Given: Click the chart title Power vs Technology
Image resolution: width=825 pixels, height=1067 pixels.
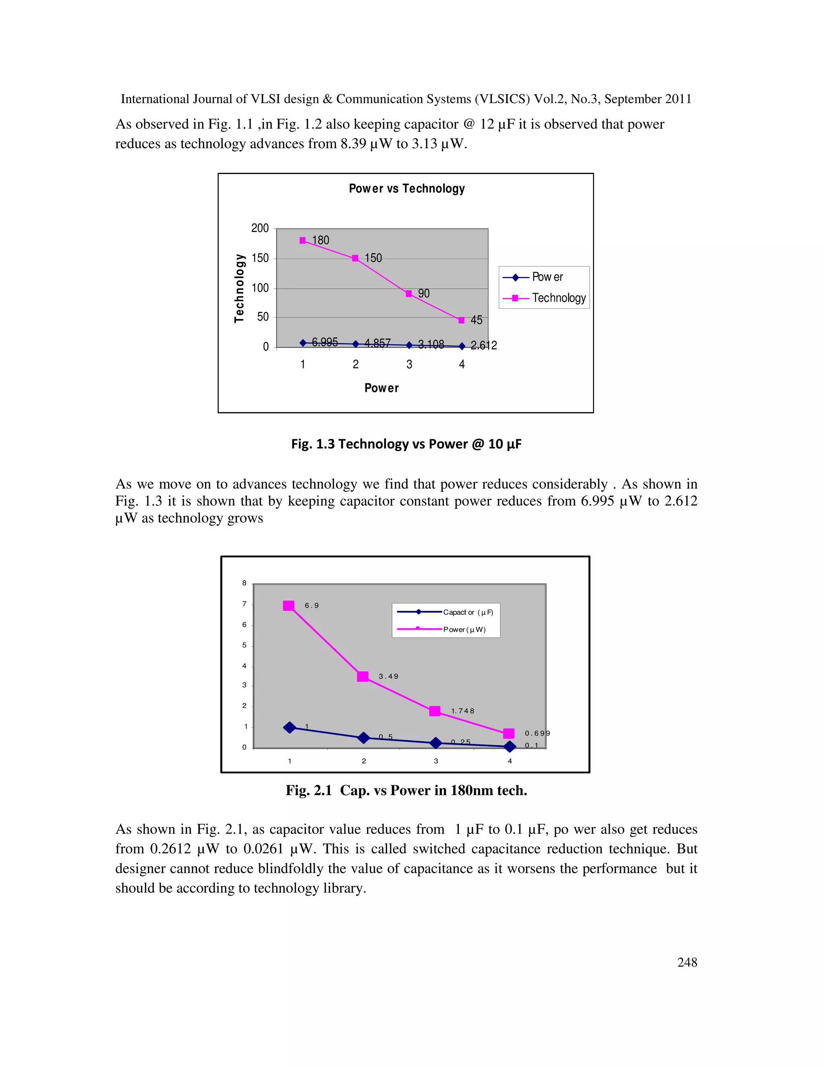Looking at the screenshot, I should coord(406,188).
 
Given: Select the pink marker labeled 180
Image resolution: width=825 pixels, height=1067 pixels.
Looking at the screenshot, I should coord(303,240).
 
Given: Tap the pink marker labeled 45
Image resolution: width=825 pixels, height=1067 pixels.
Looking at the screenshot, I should coord(461,321).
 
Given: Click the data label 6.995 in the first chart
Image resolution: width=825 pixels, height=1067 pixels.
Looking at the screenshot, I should coord(325,342).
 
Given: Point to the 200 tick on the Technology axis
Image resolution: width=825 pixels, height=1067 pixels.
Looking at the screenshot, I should coord(260,228).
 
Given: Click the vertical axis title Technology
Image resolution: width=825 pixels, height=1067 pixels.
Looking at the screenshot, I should coord(239,288).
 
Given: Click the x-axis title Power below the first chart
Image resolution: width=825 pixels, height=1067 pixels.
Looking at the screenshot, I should coord(382,388).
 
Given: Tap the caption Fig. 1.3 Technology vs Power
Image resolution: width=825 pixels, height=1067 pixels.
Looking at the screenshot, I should coord(406,444).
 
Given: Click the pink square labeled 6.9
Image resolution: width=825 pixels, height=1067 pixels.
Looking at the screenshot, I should coord(289,606).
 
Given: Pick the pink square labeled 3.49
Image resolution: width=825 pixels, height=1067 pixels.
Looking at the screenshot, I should coord(363,677).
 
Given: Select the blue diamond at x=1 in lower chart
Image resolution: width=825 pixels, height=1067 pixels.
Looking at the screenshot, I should coord(290,728).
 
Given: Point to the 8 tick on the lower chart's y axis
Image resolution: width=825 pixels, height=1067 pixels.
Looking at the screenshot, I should coord(245,583).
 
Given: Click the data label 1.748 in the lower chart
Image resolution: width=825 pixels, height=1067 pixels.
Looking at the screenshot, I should coord(462,711).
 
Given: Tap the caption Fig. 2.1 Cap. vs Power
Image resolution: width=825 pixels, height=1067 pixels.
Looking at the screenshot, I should coord(406,790).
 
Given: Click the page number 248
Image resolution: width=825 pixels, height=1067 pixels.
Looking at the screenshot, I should coord(687,962).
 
